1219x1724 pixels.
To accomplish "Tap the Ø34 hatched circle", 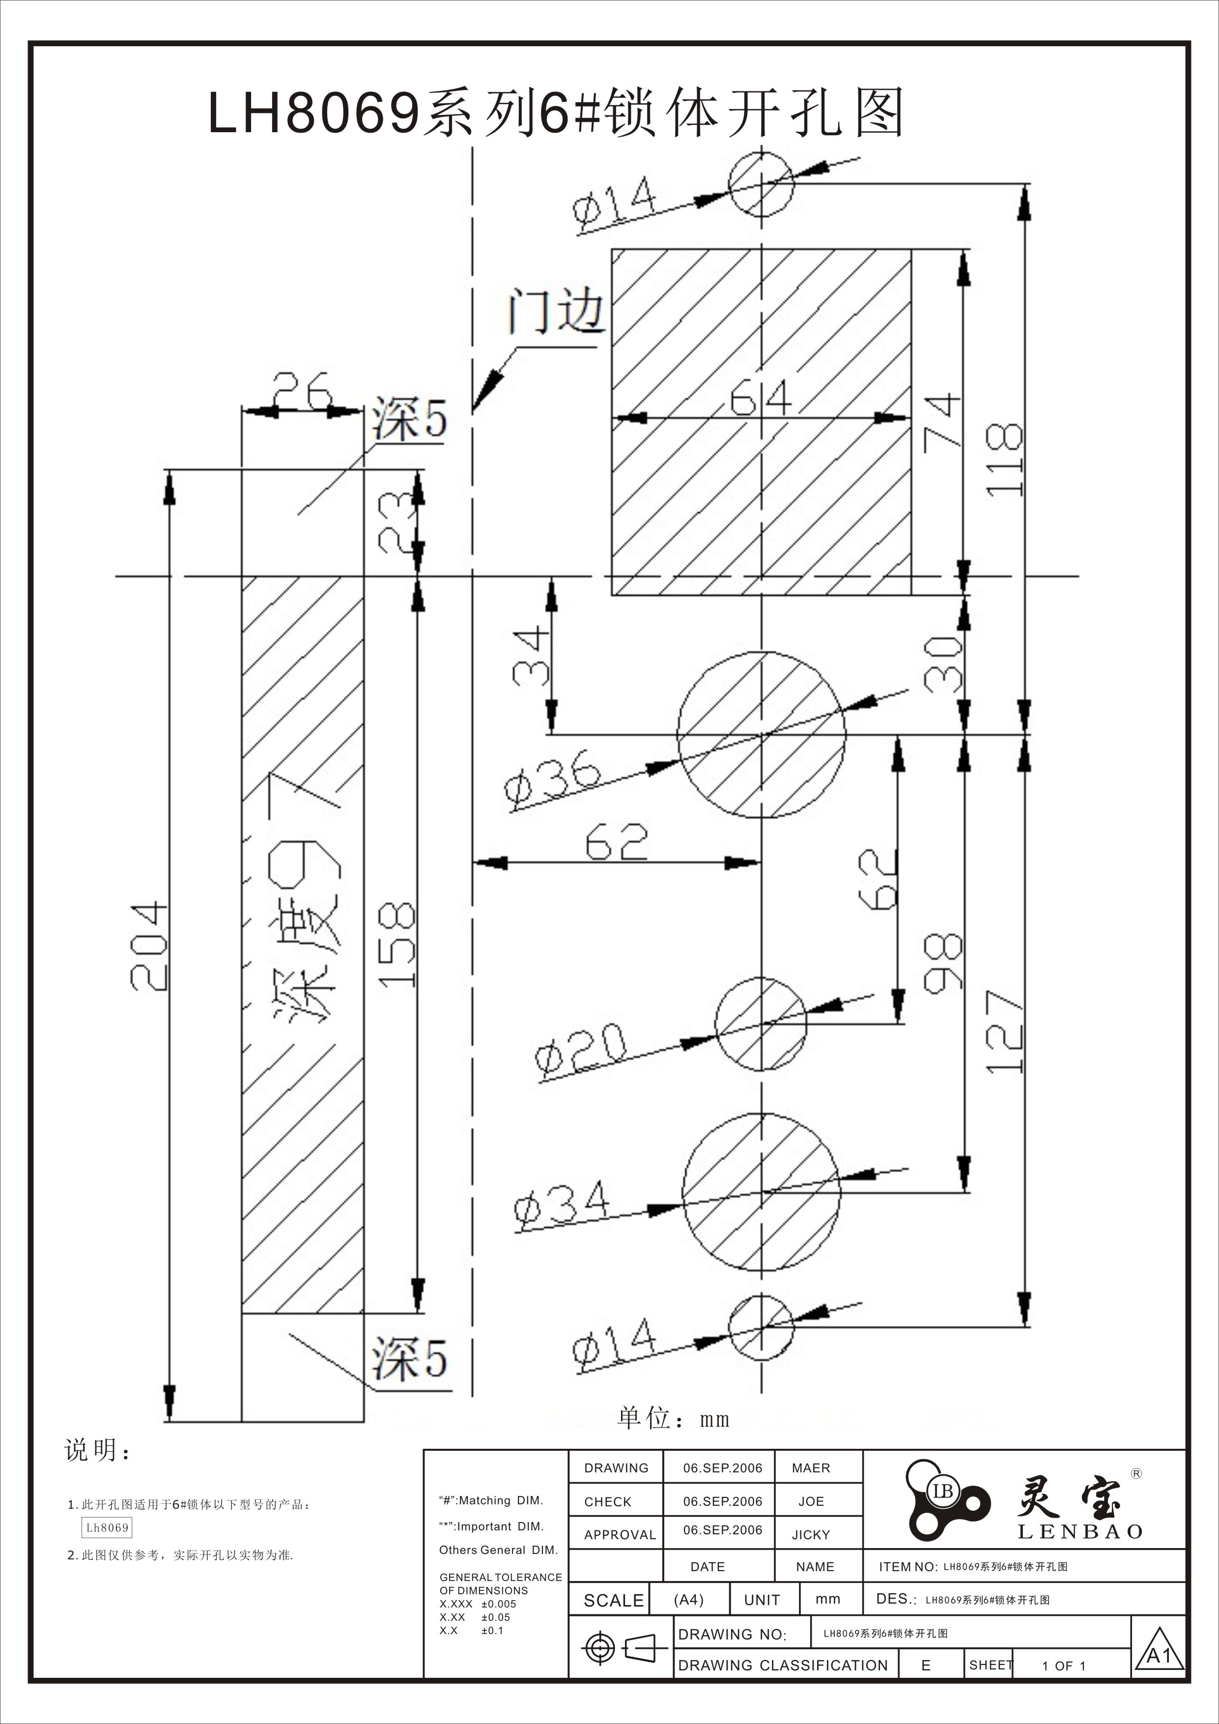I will [x=761, y=1192].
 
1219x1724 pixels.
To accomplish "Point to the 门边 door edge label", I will [x=556, y=311].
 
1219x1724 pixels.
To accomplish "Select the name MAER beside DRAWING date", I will [x=811, y=1468].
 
